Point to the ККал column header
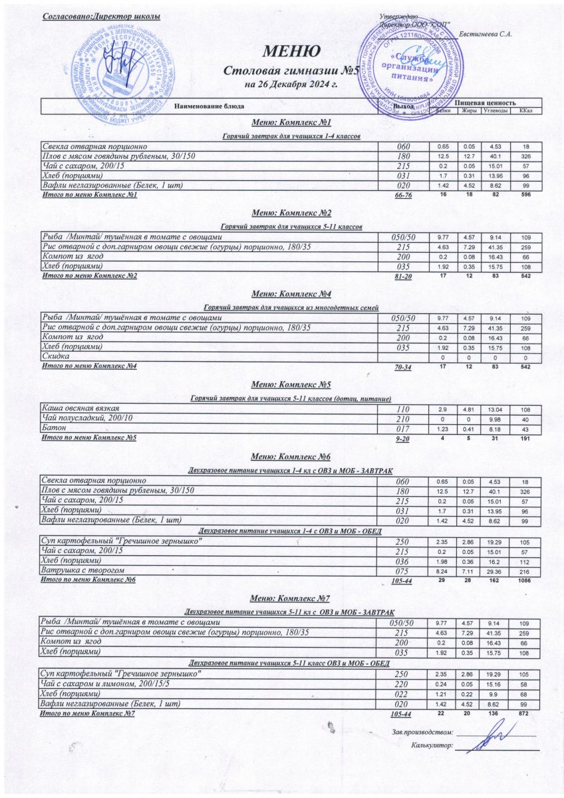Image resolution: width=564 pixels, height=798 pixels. (525, 110)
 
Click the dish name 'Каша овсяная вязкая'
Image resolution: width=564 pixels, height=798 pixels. (82, 407)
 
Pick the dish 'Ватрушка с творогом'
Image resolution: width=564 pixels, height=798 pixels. (82, 570)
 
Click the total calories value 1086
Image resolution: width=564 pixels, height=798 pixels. (525, 580)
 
